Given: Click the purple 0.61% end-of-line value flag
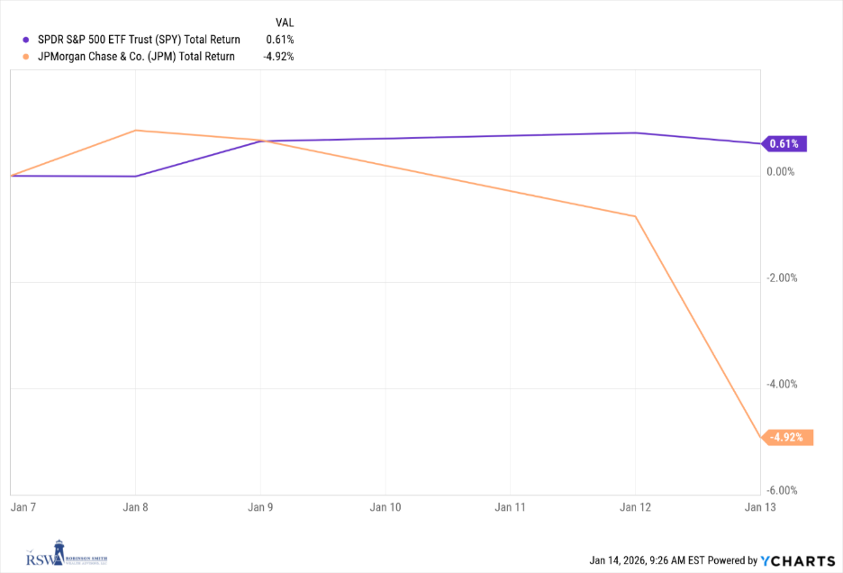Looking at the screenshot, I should click(x=785, y=143).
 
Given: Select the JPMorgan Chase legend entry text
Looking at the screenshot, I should click(x=135, y=56).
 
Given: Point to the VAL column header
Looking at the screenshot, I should click(x=284, y=22).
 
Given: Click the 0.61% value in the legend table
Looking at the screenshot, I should click(x=279, y=40).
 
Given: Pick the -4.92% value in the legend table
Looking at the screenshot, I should click(x=277, y=56).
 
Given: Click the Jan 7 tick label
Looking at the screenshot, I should click(x=23, y=507).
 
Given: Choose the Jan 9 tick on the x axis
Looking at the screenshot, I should click(x=260, y=507).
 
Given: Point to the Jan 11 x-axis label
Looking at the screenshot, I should click(x=510, y=507).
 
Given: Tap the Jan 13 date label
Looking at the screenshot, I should click(x=759, y=507).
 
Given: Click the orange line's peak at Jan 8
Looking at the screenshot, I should click(x=135, y=131).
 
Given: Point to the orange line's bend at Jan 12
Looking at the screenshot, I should click(x=636, y=216).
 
